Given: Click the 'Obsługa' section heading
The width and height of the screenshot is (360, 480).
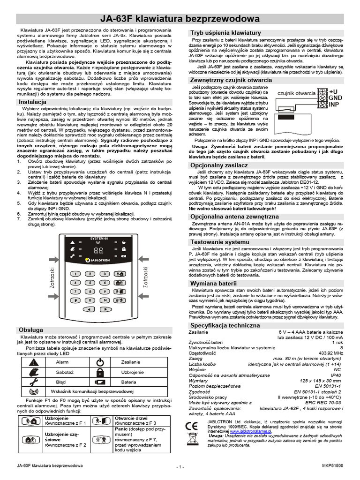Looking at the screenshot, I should point(31,330).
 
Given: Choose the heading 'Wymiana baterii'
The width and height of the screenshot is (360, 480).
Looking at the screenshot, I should point(213,284).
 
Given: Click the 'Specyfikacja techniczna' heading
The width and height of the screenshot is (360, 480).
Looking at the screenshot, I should point(225,325).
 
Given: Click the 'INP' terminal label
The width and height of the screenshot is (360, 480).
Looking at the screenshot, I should point(334,105).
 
